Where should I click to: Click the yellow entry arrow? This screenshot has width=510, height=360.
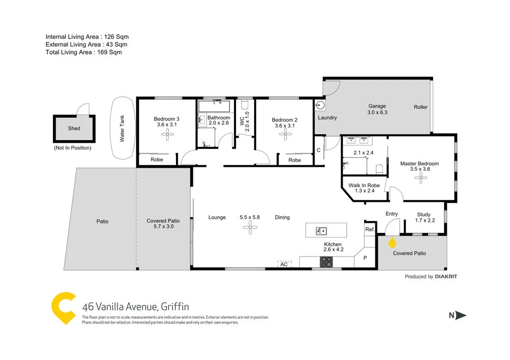click(x=392, y=242)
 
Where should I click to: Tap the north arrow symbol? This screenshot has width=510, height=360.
click(x=461, y=315)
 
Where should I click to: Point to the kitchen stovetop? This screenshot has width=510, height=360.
click(x=326, y=262)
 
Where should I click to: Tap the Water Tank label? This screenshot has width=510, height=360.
click(x=122, y=129)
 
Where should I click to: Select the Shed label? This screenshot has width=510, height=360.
click(x=74, y=128)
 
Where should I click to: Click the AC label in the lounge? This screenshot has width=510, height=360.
click(x=284, y=264)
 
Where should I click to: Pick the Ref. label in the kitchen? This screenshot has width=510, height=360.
click(x=370, y=229)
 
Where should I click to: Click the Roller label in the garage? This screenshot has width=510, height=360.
click(x=421, y=107)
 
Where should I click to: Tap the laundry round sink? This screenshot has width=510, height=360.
click(x=320, y=106)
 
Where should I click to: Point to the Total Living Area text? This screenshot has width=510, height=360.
click(x=84, y=52)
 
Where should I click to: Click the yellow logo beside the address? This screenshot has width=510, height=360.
click(x=64, y=308)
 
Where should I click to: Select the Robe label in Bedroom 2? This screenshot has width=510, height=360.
click(x=295, y=160)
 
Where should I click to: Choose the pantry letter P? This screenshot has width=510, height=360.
click(x=365, y=258)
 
